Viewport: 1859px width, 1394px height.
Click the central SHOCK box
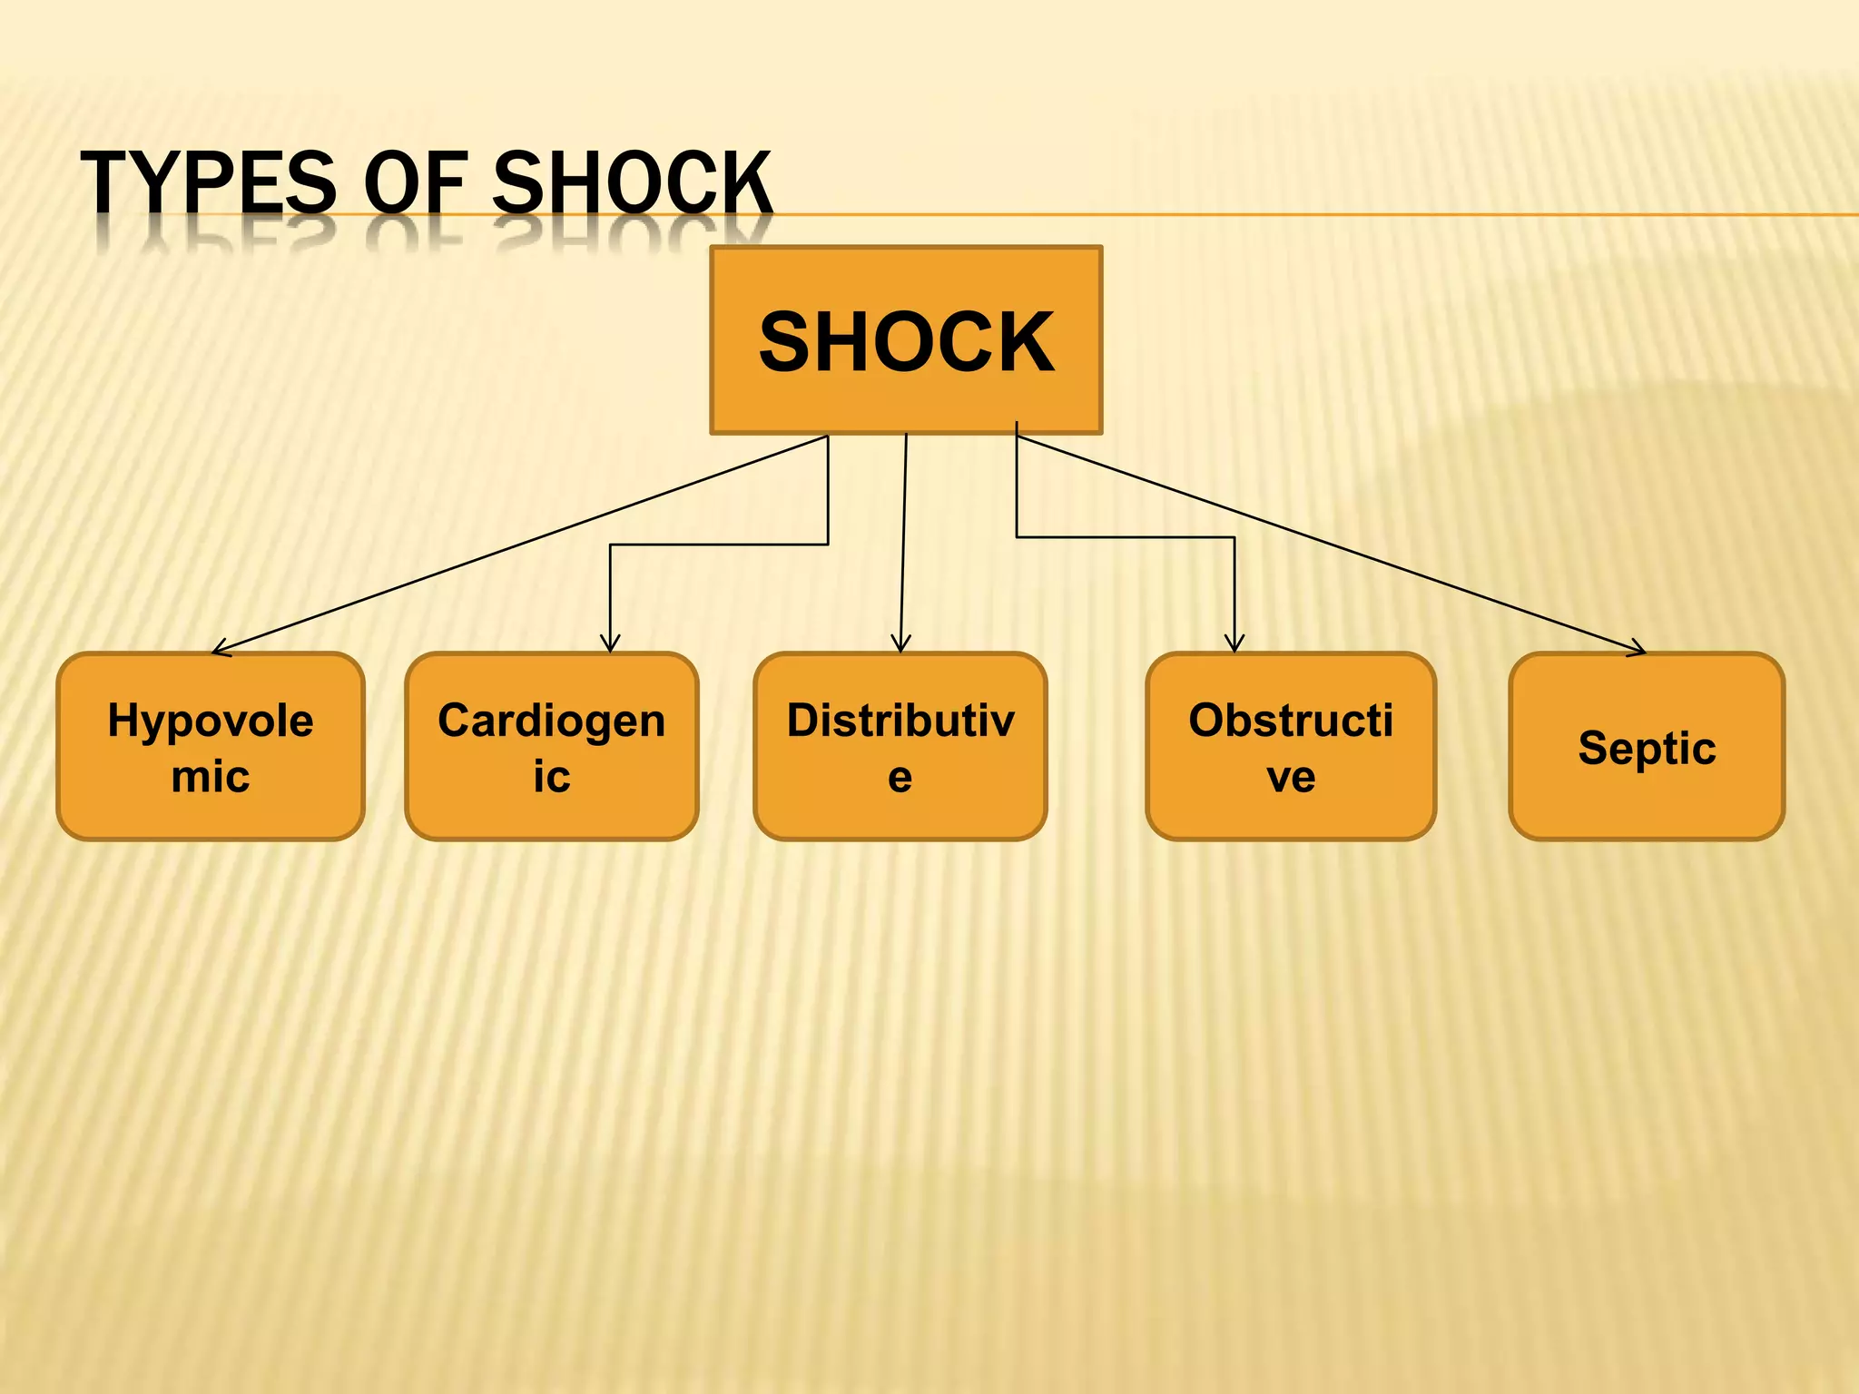click(x=906, y=340)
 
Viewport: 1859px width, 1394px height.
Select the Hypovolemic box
click(x=211, y=746)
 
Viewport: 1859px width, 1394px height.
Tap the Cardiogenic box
click(x=551, y=746)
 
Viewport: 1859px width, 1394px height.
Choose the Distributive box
click(x=900, y=746)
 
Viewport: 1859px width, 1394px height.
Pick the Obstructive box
click(x=1291, y=746)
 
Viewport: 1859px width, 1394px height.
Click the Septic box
click(x=1647, y=746)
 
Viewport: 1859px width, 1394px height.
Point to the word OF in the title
click(x=416, y=183)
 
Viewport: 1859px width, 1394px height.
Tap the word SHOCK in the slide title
click(x=632, y=183)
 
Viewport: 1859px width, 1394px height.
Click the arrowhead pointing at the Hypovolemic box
click(x=220, y=649)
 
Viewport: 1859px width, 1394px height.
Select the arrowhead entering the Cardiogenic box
click(x=610, y=644)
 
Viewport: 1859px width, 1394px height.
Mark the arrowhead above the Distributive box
click(x=900, y=644)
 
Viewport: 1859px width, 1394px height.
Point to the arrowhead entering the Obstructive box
click(x=1234, y=644)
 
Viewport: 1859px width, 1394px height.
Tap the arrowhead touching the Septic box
click(x=1638, y=649)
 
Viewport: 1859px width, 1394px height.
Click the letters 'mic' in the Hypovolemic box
click(x=211, y=777)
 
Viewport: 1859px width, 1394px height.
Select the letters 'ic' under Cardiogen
click(x=551, y=777)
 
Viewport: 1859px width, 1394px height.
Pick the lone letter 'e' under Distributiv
click(x=900, y=777)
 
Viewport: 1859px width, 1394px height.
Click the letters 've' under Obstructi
click(x=1291, y=777)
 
